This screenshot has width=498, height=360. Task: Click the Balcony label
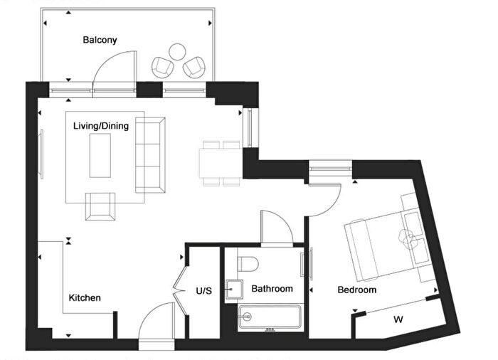point(99,41)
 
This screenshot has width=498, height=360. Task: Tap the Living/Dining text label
point(101,126)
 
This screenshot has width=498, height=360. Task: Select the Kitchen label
point(85,297)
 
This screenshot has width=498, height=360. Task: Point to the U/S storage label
point(204,290)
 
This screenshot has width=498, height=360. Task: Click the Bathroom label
point(272,289)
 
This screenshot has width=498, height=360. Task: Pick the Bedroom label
point(356,290)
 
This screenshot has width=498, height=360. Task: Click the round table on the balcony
point(177,52)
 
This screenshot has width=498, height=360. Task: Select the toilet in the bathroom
point(247,263)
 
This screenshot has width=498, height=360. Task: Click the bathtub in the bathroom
point(270,317)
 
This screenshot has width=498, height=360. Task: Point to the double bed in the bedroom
point(384,242)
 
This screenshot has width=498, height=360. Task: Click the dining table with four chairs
point(221,163)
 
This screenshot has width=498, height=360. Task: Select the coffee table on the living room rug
point(100,155)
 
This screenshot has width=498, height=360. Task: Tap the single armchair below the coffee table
point(100,207)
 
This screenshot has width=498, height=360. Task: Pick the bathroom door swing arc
point(277,226)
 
